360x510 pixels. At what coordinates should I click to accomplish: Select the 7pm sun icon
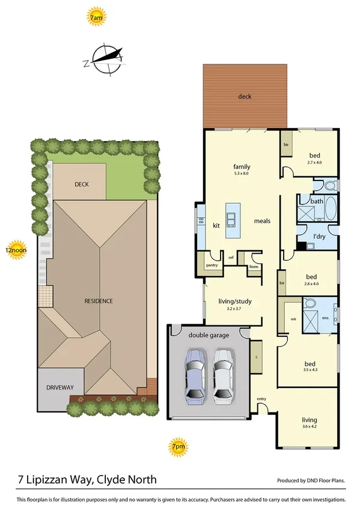tap(177, 447)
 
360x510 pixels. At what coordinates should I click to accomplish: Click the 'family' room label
tap(242, 167)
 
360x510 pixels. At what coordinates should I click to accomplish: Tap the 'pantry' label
tap(212, 265)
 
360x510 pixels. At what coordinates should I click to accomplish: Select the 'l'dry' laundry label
tap(319, 236)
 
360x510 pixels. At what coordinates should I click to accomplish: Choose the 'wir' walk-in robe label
tap(294, 319)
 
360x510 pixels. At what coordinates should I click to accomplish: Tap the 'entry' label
tap(261, 399)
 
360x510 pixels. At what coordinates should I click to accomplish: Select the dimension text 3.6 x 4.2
tap(309, 427)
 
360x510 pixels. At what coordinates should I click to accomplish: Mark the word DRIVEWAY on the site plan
tap(63, 388)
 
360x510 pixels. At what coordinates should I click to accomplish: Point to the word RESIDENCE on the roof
tap(99, 301)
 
